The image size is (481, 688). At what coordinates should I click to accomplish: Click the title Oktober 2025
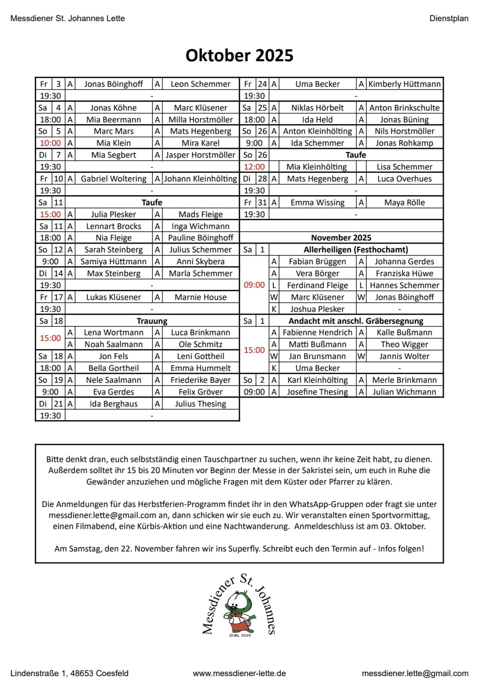[239, 55]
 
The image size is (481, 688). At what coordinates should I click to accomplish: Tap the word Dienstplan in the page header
[448, 18]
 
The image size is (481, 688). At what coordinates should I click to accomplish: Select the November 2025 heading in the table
[341, 238]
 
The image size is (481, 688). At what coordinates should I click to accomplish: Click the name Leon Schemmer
[201, 84]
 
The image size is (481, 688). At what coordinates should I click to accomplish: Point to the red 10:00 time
[50, 143]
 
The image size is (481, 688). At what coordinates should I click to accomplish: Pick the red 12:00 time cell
[254, 167]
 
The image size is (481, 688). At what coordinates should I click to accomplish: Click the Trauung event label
[152, 321]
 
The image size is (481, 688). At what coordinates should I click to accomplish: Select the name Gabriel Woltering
[114, 179]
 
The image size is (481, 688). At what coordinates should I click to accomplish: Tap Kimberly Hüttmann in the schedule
[404, 84]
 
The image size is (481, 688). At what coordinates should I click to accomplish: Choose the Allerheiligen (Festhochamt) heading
[355, 250]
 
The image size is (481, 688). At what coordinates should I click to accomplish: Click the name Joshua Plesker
[317, 309]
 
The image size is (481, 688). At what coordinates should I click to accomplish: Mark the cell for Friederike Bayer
[201, 380]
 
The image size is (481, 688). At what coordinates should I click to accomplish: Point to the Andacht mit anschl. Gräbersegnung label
[355, 321]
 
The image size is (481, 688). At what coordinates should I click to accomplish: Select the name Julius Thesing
[201, 404]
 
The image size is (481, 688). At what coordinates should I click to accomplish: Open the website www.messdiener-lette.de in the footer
[239, 673]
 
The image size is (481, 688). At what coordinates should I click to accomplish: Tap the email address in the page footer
[414, 673]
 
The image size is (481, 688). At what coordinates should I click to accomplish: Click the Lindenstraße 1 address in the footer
[69, 673]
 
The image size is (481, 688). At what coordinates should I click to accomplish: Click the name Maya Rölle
[404, 203]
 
